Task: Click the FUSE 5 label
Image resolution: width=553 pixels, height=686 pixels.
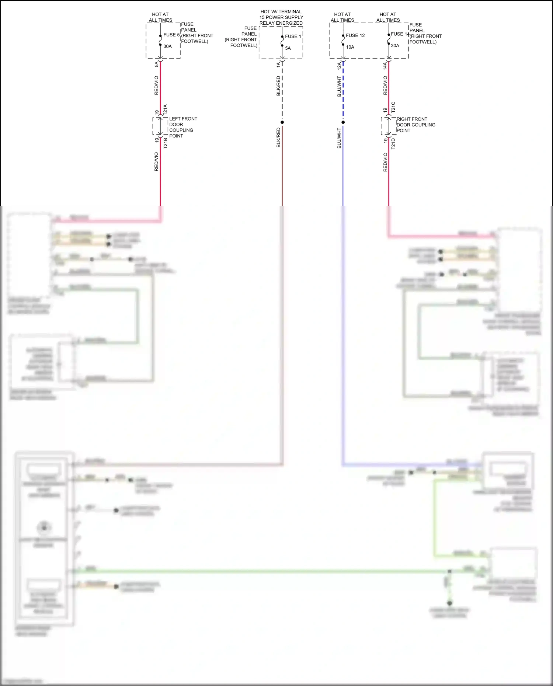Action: tap(171, 35)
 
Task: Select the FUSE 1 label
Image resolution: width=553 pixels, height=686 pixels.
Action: tap(293, 36)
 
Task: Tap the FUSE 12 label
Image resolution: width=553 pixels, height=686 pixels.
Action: tap(355, 35)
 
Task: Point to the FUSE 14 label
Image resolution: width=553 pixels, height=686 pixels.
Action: tap(400, 34)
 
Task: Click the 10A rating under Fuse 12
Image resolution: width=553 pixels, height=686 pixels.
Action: tap(350, 47)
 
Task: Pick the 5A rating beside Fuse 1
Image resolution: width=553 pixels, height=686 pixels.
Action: tap(288, 48)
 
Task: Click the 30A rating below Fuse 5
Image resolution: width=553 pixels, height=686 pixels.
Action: tap(167, 46)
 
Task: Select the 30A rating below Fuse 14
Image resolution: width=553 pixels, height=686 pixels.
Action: tap(395, 46)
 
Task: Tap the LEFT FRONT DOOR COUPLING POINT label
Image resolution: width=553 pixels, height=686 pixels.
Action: tap(183, 127)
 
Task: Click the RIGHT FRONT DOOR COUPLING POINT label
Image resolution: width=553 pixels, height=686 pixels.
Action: tap(415, 125)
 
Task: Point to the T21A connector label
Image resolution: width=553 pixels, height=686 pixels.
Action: tap(165, 109)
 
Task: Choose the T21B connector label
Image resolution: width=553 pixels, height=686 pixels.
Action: tap(165, 143)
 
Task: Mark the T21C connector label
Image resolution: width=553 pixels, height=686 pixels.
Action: tap(393, 107)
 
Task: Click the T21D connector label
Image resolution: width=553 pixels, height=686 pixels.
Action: tap(393, 144)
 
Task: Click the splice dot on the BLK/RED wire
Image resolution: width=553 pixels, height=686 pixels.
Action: tap(282, 122)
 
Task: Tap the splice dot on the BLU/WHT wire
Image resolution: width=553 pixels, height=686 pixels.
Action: tap(343, 122)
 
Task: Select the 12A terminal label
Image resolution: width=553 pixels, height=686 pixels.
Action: tap(339, 66)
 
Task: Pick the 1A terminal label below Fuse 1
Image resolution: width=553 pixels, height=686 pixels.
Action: tap(278, 65)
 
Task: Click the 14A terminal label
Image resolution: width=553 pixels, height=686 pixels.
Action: tap(385, 66)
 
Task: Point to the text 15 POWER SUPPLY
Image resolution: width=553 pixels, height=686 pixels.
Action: tap(281, 17)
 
